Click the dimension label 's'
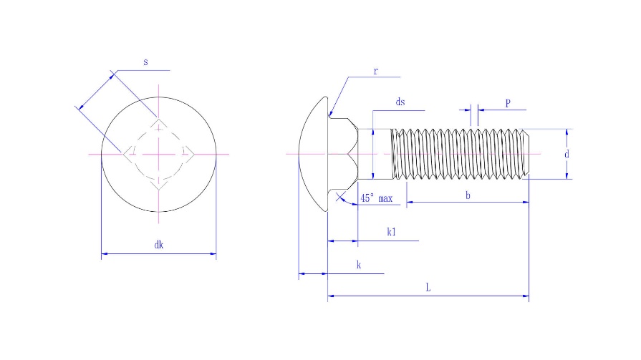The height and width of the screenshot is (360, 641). (145, 62)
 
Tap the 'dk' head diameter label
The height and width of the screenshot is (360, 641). (159, 245)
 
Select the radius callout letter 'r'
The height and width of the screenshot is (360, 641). (375, 71)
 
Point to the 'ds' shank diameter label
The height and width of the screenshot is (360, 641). (400, 102)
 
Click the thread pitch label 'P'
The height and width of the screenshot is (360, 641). (508, 102)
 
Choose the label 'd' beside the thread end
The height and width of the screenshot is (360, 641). (567, 154)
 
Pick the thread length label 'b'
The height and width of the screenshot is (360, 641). (468, 195)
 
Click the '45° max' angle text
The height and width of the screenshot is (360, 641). (376, 198)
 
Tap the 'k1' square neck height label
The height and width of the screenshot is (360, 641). (392, 232)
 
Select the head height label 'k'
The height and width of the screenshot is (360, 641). (358, 265)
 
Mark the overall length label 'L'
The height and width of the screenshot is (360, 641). (428, 288)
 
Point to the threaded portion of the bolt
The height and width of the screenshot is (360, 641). (458, 154)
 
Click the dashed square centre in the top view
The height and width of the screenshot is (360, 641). (158, 153)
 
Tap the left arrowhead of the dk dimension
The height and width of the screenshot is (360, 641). (105, 253)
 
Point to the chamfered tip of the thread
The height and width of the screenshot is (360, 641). (526, 154)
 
